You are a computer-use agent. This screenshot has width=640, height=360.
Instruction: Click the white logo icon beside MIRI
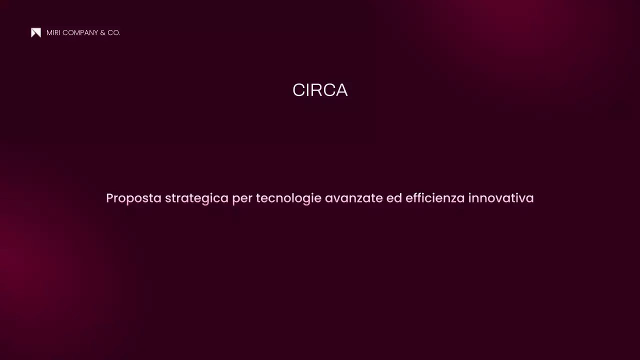point(36,32)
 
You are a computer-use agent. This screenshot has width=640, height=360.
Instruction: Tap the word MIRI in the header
point(53,32)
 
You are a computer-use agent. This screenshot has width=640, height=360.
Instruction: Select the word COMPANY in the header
point(80,32)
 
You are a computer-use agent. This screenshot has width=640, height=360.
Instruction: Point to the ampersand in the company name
point(102,32)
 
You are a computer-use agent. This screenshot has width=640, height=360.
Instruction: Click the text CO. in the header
point(114,32)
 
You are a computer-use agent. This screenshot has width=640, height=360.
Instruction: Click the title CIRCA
point(320,90)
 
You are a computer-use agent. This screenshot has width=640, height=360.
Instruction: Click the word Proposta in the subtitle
point(133,198)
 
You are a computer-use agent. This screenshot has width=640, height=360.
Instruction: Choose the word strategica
point(196,198)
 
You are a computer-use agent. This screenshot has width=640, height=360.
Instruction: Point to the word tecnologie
point(288,198)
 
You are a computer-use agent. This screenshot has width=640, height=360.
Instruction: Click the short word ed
point(394,198)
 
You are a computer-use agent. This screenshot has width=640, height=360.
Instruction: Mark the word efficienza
point(435,198)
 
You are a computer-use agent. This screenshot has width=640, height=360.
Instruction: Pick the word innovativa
point(501,198)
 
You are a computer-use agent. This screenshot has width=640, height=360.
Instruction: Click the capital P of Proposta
point(110,198)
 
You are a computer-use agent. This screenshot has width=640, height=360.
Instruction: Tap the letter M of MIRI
point(49,32)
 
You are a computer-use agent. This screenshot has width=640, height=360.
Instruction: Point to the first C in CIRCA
point(298,90)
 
